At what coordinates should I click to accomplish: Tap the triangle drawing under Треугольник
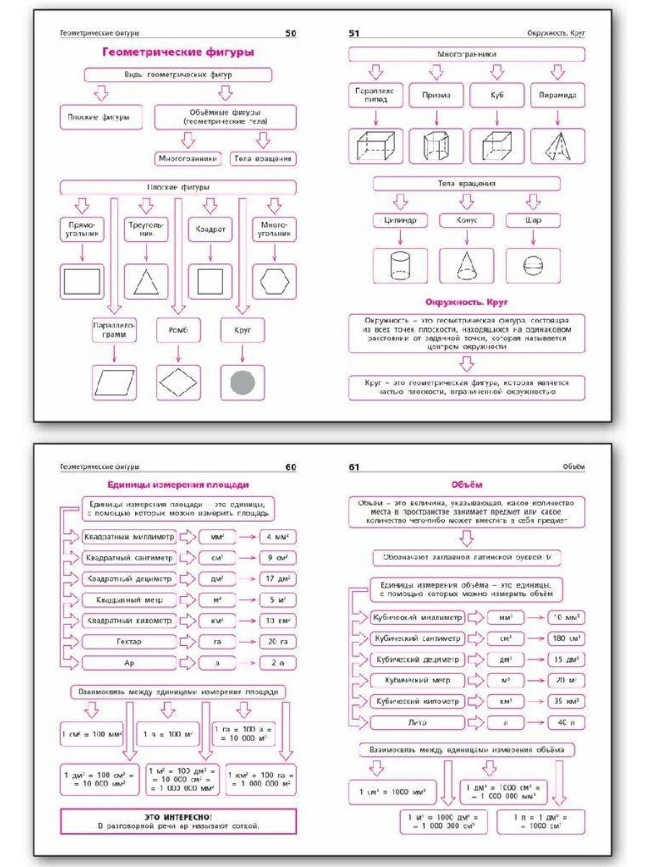[146, 281]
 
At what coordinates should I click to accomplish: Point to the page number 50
[290, 33]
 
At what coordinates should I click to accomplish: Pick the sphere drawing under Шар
[532, 266]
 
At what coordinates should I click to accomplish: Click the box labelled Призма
[436, 95]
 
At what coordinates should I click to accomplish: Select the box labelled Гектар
[128, 642]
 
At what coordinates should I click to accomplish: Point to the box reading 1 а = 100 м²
[166, 734]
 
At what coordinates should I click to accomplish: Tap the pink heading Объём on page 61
[468, 485]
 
